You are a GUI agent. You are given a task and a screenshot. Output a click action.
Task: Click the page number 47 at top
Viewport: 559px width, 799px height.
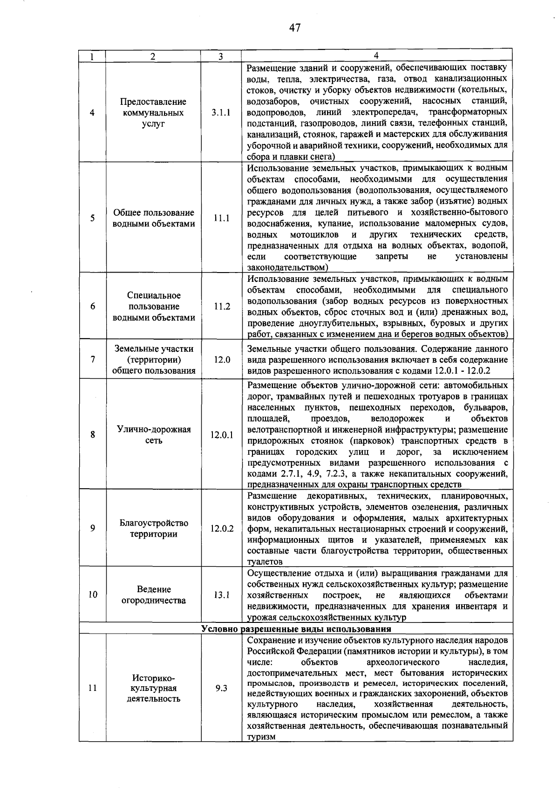tap(294, 28)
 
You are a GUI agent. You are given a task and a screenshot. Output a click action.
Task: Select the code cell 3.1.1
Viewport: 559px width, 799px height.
tap(221, 113)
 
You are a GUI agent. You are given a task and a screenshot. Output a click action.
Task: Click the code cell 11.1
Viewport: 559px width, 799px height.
tap(221, 218)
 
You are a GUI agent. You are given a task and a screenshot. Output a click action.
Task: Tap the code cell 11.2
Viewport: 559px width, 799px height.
tap(222, 307)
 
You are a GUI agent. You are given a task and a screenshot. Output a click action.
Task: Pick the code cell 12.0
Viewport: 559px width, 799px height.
tap(222, 360)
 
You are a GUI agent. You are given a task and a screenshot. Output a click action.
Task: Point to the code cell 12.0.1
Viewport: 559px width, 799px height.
tap(221, 435)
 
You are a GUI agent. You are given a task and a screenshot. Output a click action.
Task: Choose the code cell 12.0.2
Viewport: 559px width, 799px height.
tap(222, 529)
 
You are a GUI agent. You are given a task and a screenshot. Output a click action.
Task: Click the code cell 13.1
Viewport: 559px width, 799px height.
tap(222, 595)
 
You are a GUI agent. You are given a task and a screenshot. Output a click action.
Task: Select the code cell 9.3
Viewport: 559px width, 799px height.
tap(221, 688)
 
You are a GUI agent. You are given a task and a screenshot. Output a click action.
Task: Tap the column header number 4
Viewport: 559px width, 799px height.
tap(376, 56)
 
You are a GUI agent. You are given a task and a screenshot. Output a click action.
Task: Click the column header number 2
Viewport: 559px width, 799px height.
tap(153, 56)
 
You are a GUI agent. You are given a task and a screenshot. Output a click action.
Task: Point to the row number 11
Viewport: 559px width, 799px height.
tap(93, 688)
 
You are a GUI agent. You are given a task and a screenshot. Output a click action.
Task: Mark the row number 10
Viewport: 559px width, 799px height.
tap(93, 594)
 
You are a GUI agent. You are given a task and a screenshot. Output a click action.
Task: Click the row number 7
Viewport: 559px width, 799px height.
tap(93, 359)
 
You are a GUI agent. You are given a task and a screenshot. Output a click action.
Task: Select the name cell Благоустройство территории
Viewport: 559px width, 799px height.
tap(154, 528)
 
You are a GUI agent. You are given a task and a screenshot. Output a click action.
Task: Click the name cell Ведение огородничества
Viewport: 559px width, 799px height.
tap(154, 595)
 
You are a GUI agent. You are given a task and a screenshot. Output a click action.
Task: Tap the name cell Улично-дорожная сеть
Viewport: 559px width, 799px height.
tap(154, 435)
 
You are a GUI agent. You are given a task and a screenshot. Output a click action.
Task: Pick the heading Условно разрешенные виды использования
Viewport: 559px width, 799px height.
tap(296, 629)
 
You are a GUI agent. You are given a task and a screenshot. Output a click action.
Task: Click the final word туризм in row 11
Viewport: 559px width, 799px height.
tap(261, 737)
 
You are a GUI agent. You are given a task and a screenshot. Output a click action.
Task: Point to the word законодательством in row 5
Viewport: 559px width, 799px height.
tap(287, 267)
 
